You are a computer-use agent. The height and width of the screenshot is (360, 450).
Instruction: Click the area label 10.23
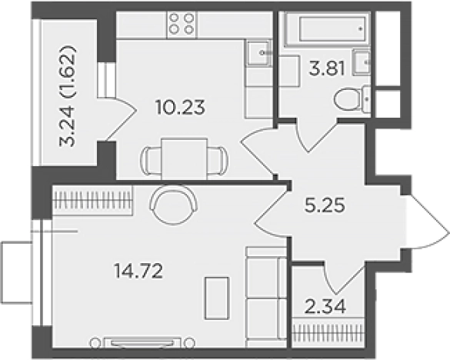(x=181, y=107)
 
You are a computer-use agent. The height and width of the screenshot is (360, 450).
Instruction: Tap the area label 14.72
(x=138, y=271)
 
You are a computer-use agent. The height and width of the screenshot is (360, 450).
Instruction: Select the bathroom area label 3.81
(x=327, y=68)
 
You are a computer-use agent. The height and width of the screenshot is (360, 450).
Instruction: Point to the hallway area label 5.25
(x=325, y=205)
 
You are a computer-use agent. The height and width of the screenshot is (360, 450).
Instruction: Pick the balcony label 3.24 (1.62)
(x=68, y=96)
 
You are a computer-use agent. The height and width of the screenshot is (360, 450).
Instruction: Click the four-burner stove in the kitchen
(x=182, y=25)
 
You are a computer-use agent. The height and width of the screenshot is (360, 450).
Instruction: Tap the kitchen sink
(x=259, y=53)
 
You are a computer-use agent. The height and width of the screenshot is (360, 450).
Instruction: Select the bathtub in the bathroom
(x=328, y=28)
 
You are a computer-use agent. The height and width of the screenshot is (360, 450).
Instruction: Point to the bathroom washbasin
(x=362, y=62)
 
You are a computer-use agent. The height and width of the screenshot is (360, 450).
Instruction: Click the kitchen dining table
(x=185, y=158)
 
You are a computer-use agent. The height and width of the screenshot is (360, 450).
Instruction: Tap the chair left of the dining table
(x=151, y=161)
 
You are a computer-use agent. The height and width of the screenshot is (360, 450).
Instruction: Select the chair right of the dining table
(x=218, y=161)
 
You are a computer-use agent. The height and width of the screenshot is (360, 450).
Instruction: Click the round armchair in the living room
(x=173, y=205)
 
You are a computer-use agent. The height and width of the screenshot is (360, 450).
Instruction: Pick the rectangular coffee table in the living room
(x=217, y=298)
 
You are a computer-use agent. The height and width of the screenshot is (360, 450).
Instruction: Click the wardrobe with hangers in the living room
(x=92, y=200)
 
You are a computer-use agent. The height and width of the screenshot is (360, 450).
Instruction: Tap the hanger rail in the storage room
(x=328, y=333)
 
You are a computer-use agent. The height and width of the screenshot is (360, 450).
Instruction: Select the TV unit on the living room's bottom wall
(x=142, y=343)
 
